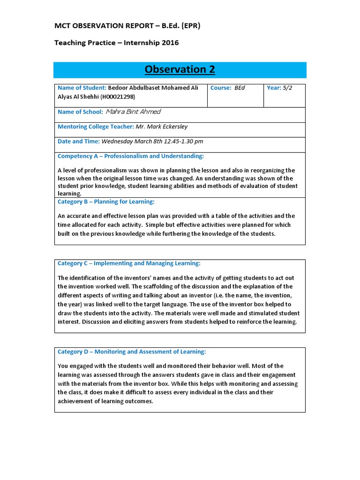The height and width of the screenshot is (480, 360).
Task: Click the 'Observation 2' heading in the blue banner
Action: (180, 70)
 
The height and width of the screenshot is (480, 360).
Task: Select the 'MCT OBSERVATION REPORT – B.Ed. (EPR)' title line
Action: (127, 26)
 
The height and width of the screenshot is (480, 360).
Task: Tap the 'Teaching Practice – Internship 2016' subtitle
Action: (116, 43)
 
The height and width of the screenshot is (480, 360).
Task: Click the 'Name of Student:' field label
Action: (82, 88)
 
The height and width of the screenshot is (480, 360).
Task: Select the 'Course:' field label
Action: (221, 88)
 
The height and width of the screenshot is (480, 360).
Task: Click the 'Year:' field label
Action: (274, 88)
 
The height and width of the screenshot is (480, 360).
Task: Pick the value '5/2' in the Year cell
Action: (287, 88)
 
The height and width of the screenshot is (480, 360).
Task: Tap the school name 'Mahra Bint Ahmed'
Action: (133, 112)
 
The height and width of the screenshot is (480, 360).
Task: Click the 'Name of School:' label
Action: (80, 112)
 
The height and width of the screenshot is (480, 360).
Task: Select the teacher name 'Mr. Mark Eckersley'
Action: (161, 127)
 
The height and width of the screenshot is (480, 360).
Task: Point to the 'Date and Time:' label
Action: (78, 141)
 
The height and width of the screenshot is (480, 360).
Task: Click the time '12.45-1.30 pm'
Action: (181, 141)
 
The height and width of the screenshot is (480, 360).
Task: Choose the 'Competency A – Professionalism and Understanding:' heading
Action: (130, 156)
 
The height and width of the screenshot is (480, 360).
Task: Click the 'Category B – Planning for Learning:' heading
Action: (106, 202)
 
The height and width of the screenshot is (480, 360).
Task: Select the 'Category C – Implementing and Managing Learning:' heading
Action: (129, 263)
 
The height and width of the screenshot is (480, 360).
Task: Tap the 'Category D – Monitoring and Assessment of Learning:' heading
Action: (132, 352)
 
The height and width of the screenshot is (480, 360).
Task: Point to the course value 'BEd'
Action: (240, 88)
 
